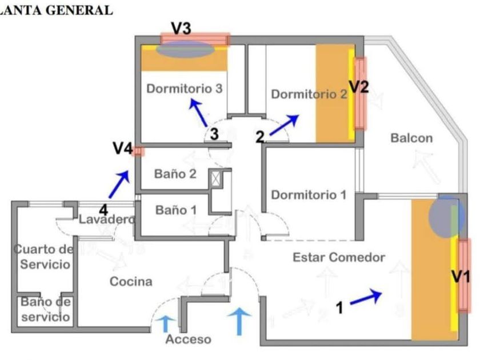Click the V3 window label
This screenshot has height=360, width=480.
pyautogui.click(x=181, y=29)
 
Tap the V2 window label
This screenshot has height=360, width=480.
pyautogui.click(x=359, y=87)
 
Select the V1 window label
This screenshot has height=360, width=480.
pyautogui.click(x=461, y=277)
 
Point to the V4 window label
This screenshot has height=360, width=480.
pyautogui.click(x=123, y=149)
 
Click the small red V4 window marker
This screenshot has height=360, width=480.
pyautogui.click(x=138, y=151)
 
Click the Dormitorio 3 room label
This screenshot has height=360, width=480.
pyautogui.click(x=184, y=89)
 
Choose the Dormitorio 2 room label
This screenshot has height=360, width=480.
pyautogui.click(x=309, y=94)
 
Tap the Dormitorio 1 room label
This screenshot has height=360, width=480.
pyautogui.click(x=309, y=195)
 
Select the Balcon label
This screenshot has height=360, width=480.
pyautogui.click(x=411, y=138)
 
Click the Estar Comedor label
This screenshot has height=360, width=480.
pyautogui.click(x=339, y=258)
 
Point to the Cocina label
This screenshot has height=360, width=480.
pyautogui.click(x=131, y=282)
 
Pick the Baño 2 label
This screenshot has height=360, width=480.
pyautogui.click(x=175, y=174)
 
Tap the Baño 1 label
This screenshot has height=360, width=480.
pyautogui.click(x=176, y=210)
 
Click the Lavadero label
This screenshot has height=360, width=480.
pyautogui.click(x=107, y=219)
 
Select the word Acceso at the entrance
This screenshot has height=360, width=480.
pyautogui.click(x=188, y=339)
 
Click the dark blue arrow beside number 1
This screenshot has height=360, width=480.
pyautogui.click(x=366, y=297)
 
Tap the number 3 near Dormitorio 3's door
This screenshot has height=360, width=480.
pyautogui.click(x=214, y=134)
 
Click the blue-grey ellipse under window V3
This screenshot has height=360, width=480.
pyautogui.click(x=185, y=50)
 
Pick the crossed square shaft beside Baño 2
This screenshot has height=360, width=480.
pyautogui.click(x=215, y=178)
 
